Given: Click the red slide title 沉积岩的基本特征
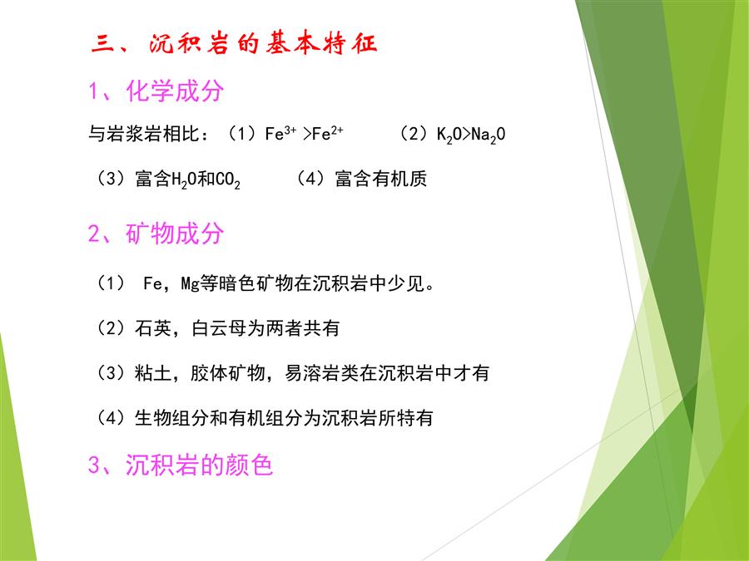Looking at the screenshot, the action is [x=263, y=43].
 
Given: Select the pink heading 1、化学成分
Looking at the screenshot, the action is [x=156, y=91].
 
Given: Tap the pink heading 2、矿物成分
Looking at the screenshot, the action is [x=156, y=234].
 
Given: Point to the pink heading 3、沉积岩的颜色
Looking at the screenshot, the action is [x=181, y=464].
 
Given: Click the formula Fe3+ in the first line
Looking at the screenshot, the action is [x=280, y=133].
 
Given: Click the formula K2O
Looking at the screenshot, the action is [x=449, y=135].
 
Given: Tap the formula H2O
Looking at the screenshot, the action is [x=184, y=180].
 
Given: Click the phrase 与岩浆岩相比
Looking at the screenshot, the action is [x=143, y=134].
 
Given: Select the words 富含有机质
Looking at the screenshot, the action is [x=380, y=179].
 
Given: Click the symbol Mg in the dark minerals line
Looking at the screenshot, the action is [x=190, y=284].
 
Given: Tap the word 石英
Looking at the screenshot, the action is [x=153, y=328].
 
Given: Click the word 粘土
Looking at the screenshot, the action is [x=153, y=372].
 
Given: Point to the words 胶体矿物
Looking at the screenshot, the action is [x=227, y=372].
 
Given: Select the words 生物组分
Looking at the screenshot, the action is [x=171, y=418].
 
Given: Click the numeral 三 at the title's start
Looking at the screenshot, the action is [x=102, y=43].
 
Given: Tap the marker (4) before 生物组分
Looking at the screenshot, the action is [x=111, y=418].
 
